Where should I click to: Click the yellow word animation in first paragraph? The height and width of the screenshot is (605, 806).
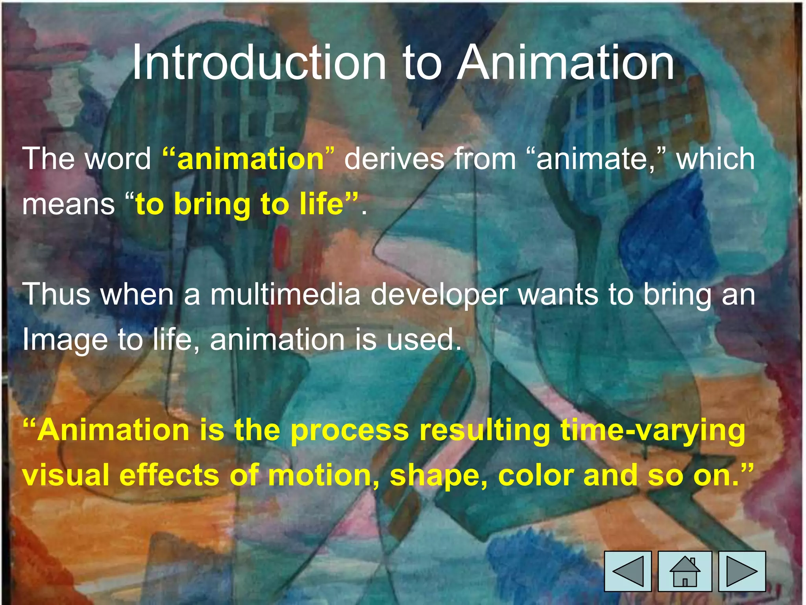250,159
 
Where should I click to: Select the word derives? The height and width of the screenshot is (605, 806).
394,159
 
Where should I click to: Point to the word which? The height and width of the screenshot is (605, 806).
715,159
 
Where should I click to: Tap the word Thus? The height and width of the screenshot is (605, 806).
56,294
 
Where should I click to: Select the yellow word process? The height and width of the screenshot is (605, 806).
349,430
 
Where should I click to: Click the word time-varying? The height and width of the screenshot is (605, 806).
653,431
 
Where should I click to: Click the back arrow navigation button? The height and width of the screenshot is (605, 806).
628,571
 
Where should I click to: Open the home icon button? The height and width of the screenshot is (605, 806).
685,571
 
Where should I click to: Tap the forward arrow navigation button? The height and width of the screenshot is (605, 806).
742,571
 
